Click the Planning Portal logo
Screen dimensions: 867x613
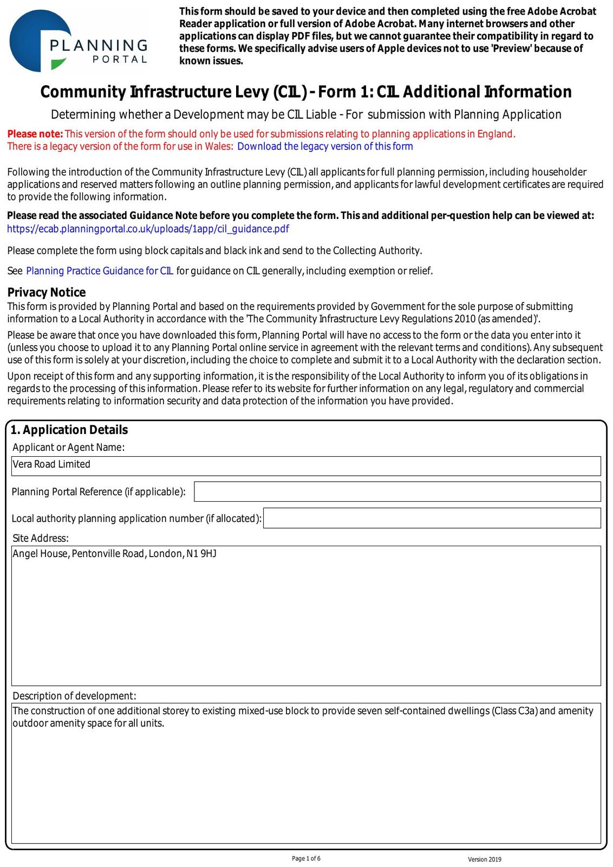pos(79,41)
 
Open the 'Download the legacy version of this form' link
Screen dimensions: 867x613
pos(325,146)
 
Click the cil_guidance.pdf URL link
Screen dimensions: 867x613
pos(148,229)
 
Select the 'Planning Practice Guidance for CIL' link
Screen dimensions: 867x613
pos(100,271)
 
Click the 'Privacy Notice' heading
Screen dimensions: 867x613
pos(47,293)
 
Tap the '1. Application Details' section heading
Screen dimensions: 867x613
pos(69,430)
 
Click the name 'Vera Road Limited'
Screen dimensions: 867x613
pos(51,464)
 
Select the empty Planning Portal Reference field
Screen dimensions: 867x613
pos(397,491)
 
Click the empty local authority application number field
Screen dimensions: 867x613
pos(432,518)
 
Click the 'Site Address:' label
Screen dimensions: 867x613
pos(41,538)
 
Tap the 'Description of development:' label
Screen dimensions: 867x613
pos(74,696)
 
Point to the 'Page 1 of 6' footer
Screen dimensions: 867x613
pos(306,858)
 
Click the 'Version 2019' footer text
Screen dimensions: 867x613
pos(485,859)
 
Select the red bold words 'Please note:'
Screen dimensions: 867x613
pos(35,134)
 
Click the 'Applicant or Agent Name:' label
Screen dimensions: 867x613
pos(68,447)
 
